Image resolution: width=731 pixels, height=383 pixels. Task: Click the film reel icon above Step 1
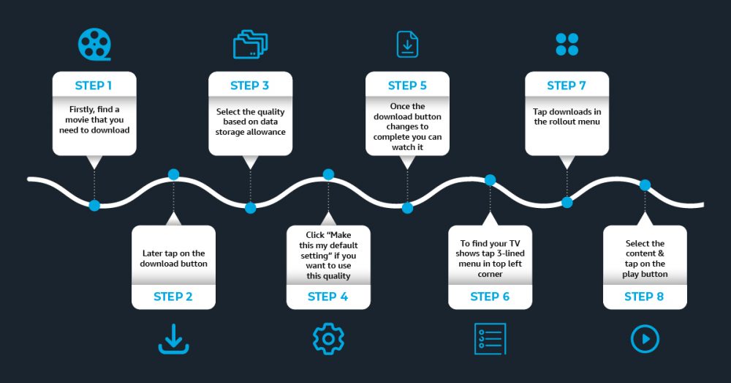94,44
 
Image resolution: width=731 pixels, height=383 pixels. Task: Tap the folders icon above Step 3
250,45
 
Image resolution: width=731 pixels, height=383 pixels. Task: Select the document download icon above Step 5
407,44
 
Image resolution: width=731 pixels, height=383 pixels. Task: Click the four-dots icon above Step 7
567,44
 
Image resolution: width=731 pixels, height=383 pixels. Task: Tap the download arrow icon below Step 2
173,339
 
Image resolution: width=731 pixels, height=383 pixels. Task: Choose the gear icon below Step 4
328,339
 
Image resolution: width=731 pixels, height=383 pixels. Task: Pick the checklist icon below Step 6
490,339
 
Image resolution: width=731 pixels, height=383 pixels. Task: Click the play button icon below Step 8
645,339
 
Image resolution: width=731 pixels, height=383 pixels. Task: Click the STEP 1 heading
94,86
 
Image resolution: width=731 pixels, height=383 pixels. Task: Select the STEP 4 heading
328,297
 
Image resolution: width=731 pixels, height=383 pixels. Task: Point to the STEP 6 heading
490,297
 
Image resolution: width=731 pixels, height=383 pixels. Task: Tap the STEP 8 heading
645,297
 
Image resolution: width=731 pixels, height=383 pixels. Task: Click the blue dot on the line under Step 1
94,205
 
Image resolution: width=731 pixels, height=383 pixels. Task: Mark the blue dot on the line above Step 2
173,174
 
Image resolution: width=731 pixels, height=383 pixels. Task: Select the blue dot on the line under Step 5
407,208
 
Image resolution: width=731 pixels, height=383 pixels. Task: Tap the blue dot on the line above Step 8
645,185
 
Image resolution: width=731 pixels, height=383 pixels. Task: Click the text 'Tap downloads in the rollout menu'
567,116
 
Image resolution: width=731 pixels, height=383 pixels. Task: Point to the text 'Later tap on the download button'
173,259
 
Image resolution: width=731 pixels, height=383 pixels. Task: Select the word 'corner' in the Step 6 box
490,274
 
